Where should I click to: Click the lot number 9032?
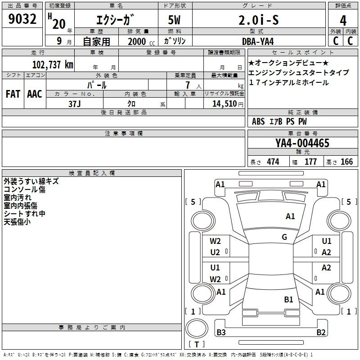tap(22, 19)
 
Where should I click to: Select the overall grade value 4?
tap(343, 21)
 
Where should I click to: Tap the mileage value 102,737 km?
tap(53, 64)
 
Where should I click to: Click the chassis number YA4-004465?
tap(302, 143)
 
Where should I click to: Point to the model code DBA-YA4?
tap(258, 41)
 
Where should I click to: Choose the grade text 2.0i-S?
tap(258, 20)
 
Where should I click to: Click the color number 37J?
tap(75, 104)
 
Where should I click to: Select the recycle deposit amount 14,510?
tap(225, 104)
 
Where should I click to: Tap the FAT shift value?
tap(13, 94)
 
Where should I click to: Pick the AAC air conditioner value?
tap(35, 94)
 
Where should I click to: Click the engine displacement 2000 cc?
tap(141, 41)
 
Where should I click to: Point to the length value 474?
tap(273, 162)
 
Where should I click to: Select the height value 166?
tap(346, 162)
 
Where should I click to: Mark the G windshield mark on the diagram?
tap(284, 237)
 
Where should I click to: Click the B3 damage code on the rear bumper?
tap(221, 332)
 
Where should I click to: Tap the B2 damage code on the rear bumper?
tap(321, 332)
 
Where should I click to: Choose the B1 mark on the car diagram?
tap(288, 300)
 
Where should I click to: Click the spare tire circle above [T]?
tap(197, 328)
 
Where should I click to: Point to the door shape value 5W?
tap(174, 20)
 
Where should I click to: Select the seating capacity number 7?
tap(188, 85)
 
